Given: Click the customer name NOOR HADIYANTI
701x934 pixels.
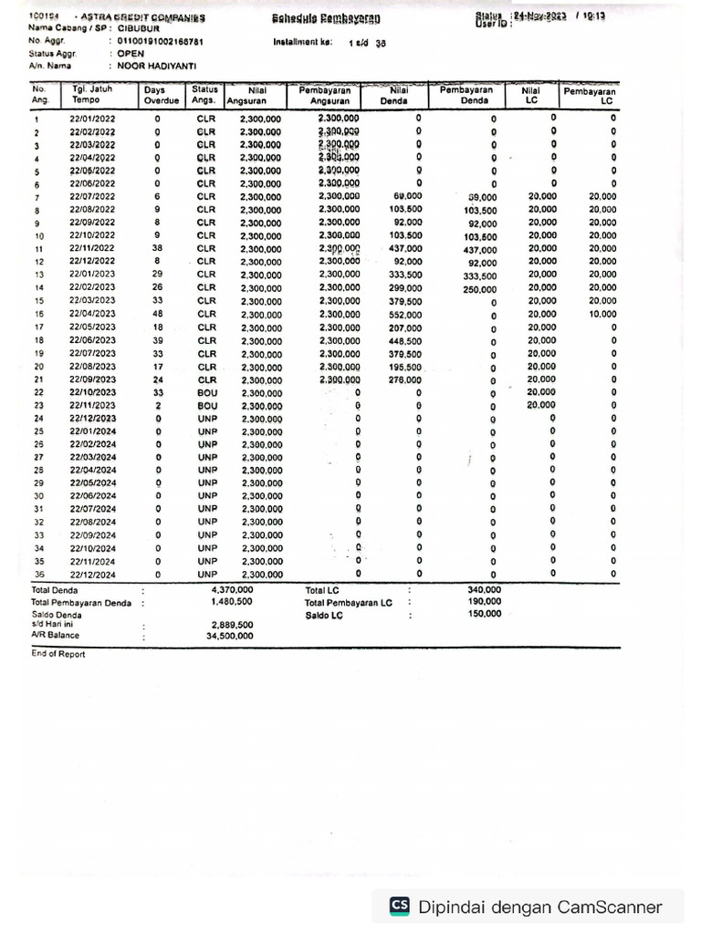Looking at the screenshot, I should pyautogui.click(x=157, y=66).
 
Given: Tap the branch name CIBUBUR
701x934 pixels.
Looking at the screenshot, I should pyautogui.click(x=139, y=28).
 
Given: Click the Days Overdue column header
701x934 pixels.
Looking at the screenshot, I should pyautogui.click(x=161, y=96).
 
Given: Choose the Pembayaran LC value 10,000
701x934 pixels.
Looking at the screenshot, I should pyautogui.click(x=602, y=315).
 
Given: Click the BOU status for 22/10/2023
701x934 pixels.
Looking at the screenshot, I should pyautogui.click(x=205, y=393).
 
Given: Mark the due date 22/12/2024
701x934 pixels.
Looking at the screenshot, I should pyautogui.click(x=92, y=576).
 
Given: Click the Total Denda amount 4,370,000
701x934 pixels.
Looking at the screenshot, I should pyautogui.click(x=232, y=590).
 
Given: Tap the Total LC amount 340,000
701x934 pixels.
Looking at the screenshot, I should pyautogui.click(x=484, y=590).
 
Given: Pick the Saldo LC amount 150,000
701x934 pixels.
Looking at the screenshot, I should pyautogui.click(x=484, y=614).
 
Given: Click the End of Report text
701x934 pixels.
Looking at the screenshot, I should pyautogui.click(x=58, y=654).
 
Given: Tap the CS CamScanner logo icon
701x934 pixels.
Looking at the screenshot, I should pyautogui.click(x=400, y=906).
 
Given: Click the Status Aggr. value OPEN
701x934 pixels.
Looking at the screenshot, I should pyautogui.click(x=131, y=54).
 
